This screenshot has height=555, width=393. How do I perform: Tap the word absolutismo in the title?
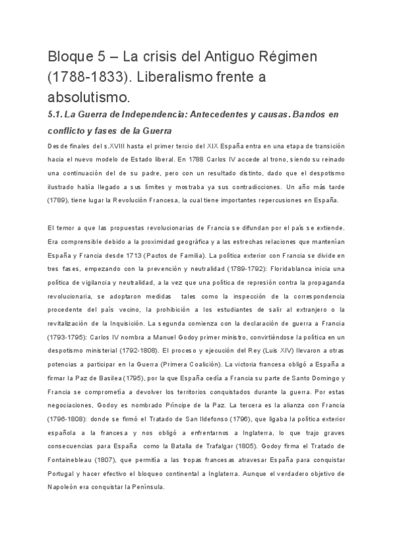[88, 98]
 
